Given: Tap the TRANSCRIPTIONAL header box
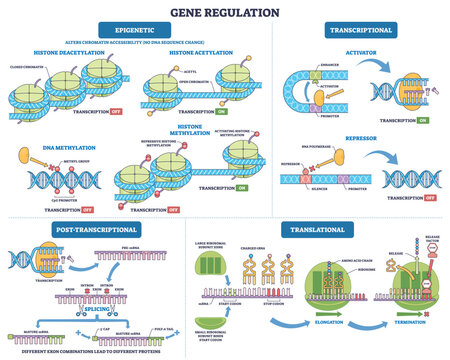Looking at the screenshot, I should tap(357, 30).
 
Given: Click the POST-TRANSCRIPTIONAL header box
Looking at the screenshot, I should tap(78, 229).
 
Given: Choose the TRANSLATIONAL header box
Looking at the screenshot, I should tap(317, 229).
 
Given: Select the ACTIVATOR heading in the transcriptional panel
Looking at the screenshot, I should tap(359, 60).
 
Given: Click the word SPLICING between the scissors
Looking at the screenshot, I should tap(92, 312).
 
